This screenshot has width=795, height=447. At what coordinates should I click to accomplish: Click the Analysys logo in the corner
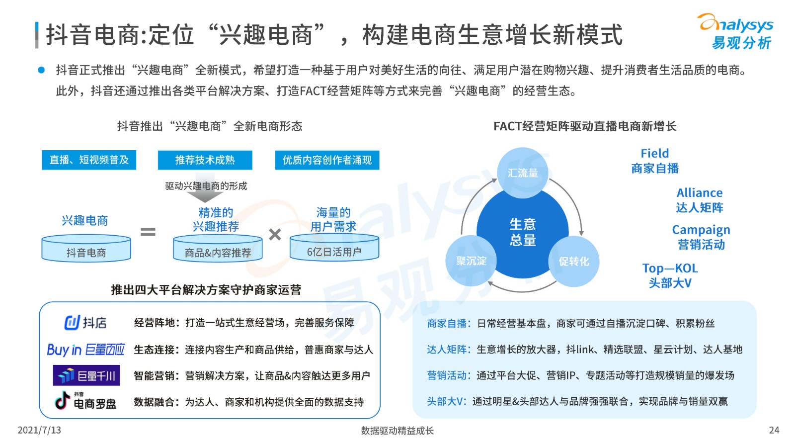(x=735, y=31)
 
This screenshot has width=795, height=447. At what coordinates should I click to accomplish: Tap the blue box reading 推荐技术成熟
(x=205, y=160)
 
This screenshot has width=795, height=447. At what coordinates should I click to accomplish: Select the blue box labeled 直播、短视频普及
(x=89, y=160)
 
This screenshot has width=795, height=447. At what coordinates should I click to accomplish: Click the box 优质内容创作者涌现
(x=327, y=160)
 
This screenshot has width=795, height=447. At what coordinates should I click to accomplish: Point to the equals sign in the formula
(x=148, y=232)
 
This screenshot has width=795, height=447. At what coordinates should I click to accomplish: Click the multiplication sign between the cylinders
(x=275, y=235)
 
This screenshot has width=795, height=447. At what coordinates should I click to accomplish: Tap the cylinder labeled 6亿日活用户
(x=334, y=247)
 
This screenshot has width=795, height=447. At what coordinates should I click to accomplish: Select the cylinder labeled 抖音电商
(x=86, y=248)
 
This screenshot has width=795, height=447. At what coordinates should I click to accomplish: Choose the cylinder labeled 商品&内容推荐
(x=218, y=248)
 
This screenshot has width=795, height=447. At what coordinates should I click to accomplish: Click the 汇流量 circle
(x=522, y=173)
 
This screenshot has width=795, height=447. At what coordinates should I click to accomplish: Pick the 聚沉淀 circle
(x=471, y=261)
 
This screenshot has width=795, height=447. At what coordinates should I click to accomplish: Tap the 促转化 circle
(x=574, y=262)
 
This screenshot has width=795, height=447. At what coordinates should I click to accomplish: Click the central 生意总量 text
(x=522, y=232)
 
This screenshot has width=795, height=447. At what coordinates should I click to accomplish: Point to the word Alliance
(x=699, y=193)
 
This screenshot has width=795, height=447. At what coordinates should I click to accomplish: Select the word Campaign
(x=701, y=230)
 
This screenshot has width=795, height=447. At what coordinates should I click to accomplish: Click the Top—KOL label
(x=670, y=268)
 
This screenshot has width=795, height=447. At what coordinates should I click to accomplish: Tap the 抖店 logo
(x=85, y=322)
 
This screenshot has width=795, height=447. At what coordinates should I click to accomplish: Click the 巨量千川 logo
(x=86, y=375)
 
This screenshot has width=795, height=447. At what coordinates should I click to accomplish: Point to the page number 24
(x=774, y=430)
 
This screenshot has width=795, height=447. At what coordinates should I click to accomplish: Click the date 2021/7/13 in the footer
(x=39, y=430)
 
